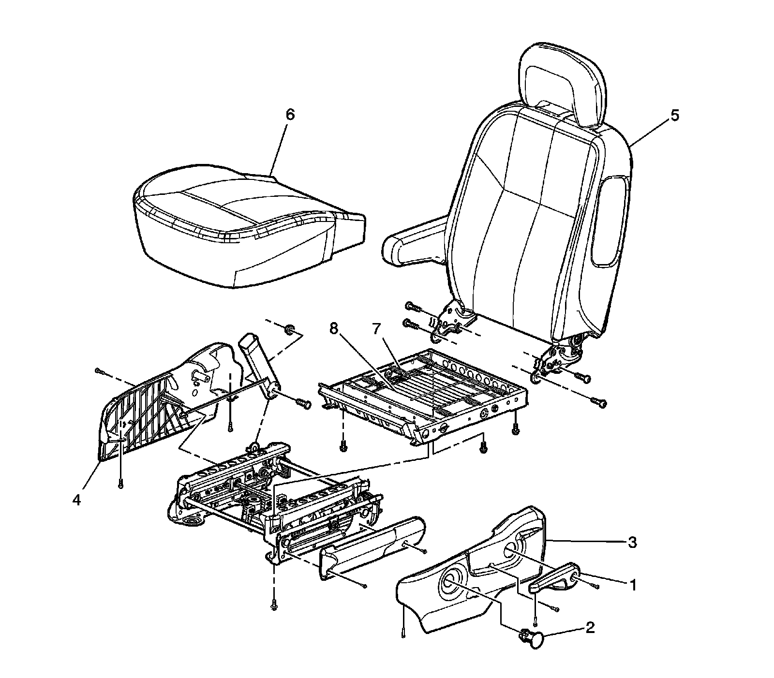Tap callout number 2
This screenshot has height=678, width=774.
pyautogui.click(x=590, y=628)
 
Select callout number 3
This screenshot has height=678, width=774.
pyautogui.click(x=631, y=543)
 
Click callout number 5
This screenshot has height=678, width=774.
pyautogui.click(x=675, y=116)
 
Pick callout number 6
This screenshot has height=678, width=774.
pyautogui.click(x=290, y=115)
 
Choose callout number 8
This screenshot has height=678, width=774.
pyautogui.click(x=333, y=329)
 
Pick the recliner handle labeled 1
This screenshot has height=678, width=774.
pyautogui.click(x=554, y=580)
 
